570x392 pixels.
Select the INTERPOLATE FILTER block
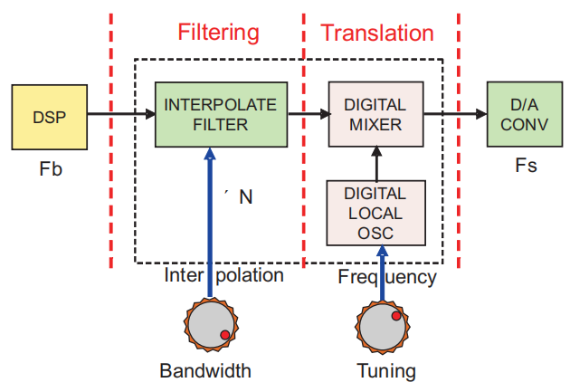(x=219, y=115)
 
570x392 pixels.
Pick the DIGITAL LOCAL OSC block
(x=375, y=212)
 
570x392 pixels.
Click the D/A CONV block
(x=518, y=115)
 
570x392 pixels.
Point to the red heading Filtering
(x=218, y=33)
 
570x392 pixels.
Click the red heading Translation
(x=377, y=33)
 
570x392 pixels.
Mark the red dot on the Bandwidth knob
(x=224, y=336)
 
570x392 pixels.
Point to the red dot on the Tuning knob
(x=395, y=316)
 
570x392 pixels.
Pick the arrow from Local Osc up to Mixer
(x=375, y=163)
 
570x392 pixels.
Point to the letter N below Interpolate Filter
(x=246, y=196)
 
